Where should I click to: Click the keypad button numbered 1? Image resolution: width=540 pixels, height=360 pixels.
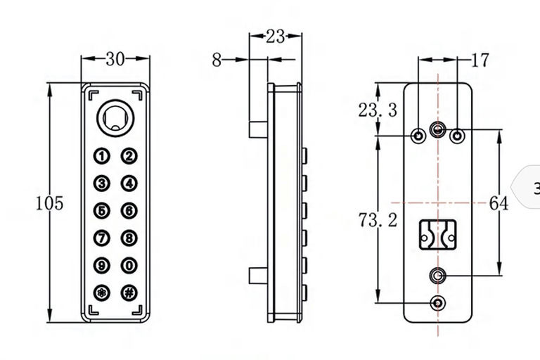point(101,156)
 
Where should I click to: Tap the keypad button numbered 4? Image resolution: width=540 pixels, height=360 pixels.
point(129,184)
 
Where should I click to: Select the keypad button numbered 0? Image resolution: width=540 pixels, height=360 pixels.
point(129,266)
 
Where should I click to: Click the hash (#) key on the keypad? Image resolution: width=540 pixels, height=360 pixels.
point(129,292)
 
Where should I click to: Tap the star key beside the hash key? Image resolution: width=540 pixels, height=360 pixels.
point(101,292)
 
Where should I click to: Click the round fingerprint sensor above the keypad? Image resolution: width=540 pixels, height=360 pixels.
point(116,118)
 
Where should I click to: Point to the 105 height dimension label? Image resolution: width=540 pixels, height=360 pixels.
point(50,203)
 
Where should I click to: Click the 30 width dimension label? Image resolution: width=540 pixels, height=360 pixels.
point(115,59)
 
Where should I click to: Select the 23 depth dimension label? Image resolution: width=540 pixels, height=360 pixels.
point(276,36)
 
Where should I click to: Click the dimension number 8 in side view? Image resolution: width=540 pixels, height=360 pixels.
point(217,60)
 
